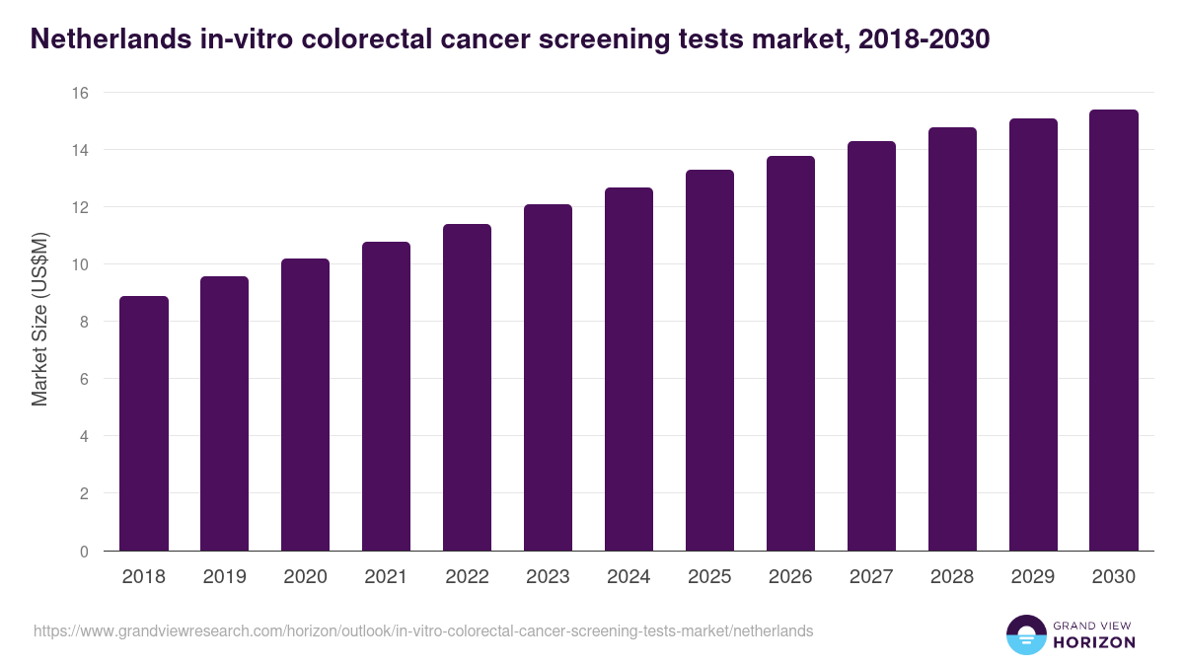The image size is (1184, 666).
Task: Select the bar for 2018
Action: pos(144,423)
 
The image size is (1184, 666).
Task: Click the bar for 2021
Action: pos(387,396)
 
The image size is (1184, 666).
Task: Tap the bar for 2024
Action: pos(629,369)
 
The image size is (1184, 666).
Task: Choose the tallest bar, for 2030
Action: pos(1114,330)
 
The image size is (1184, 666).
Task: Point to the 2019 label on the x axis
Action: pos(225,577)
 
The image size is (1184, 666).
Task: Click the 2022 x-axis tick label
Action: pos(468,577)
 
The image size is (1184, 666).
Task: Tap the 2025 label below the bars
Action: pos(710,577)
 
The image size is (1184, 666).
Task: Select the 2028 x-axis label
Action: pos(953,577)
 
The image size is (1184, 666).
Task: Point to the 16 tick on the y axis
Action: pos(79,93)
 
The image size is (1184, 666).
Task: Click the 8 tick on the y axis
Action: pos(84,322)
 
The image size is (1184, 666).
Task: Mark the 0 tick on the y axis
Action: pos(84,551)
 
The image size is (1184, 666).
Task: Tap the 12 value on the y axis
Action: pos(79,207)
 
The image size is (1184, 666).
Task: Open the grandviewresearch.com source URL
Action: pos(423,630)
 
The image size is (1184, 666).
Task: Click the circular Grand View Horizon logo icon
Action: pos(1026,634)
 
